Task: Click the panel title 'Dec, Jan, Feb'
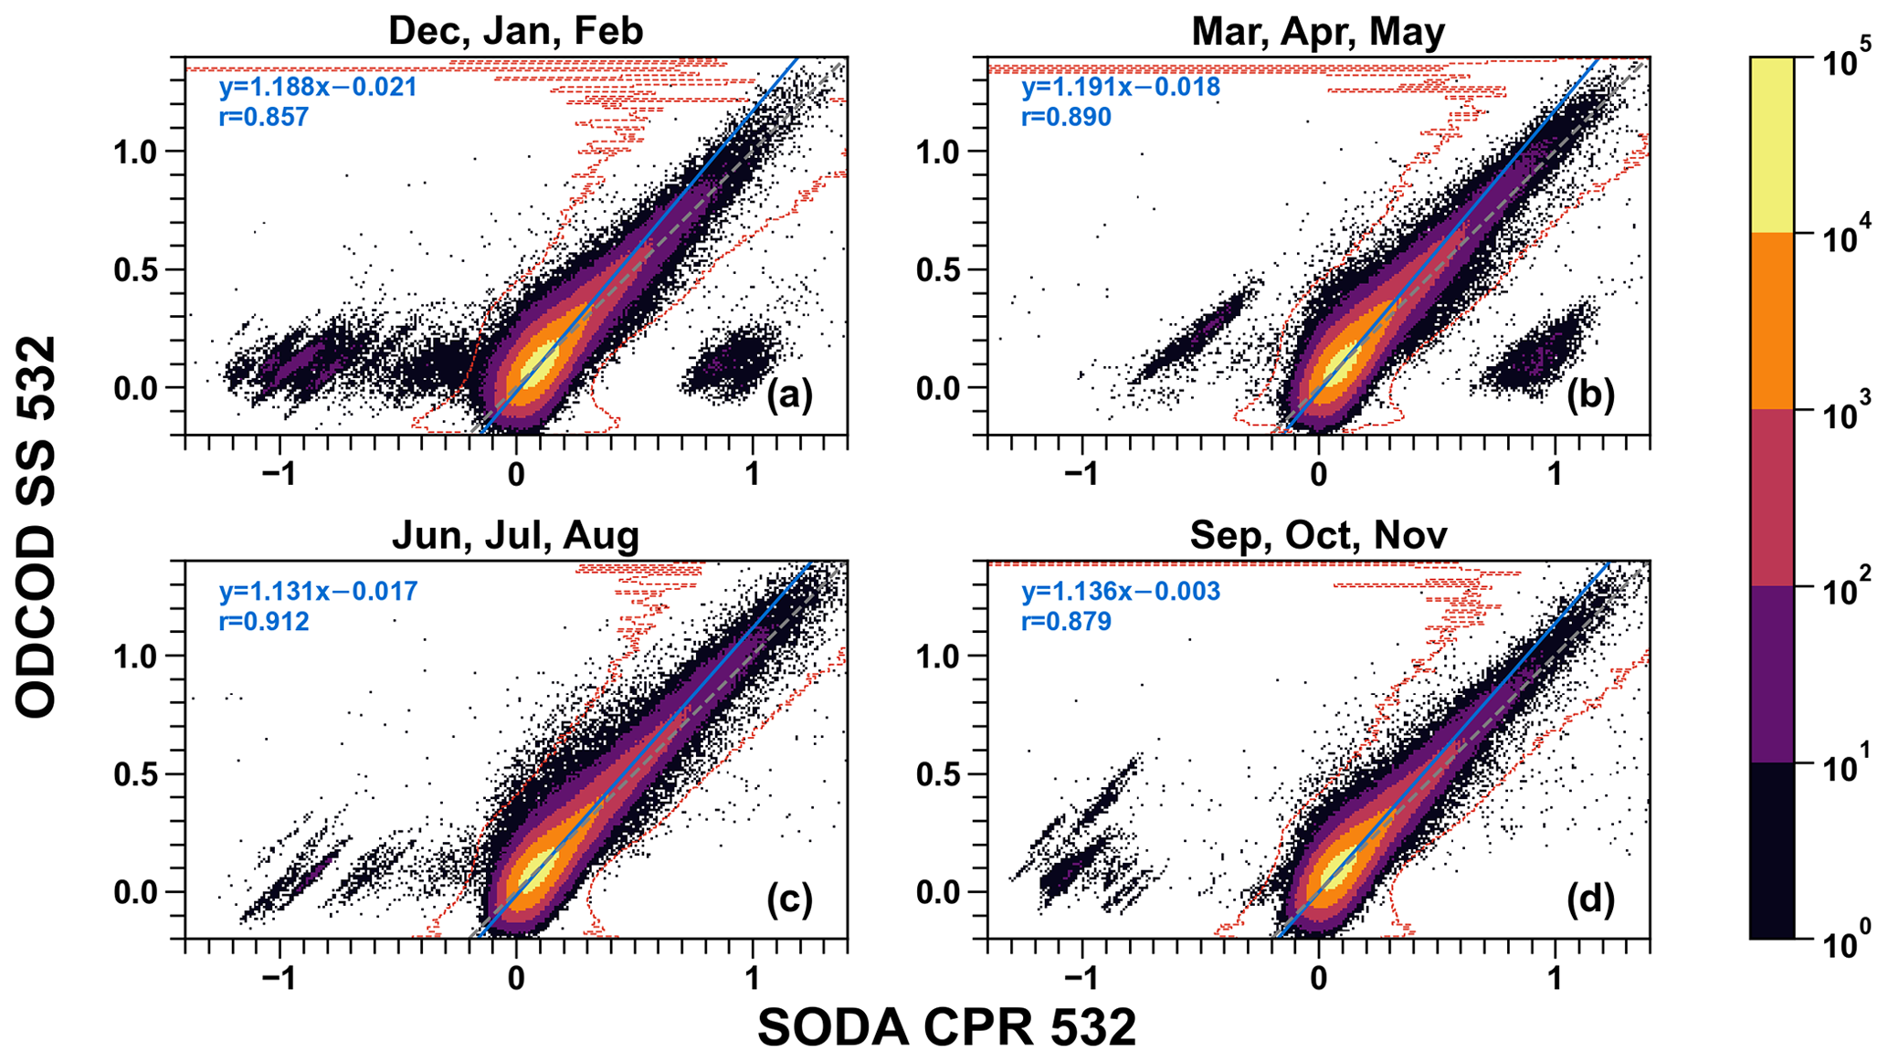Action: [x=515, y=31]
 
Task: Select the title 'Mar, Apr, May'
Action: [x=1318, y=31]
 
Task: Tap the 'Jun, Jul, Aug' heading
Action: [x=515, y=535]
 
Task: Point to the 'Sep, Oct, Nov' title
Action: [x=1318, y=535]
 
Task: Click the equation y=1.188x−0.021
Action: [x=318, y=88]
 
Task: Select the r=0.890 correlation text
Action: [x=1066, y=117]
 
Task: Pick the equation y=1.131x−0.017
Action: [x=318, y=592]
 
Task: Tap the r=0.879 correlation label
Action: [x=1066, y=622]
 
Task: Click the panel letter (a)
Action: [x=789, y=395]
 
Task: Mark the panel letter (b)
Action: [x=1590, y=395]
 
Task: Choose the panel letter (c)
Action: [x=789, y=899]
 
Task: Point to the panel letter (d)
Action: [x=1590, y=899]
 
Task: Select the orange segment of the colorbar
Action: [x=1771, y=321]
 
